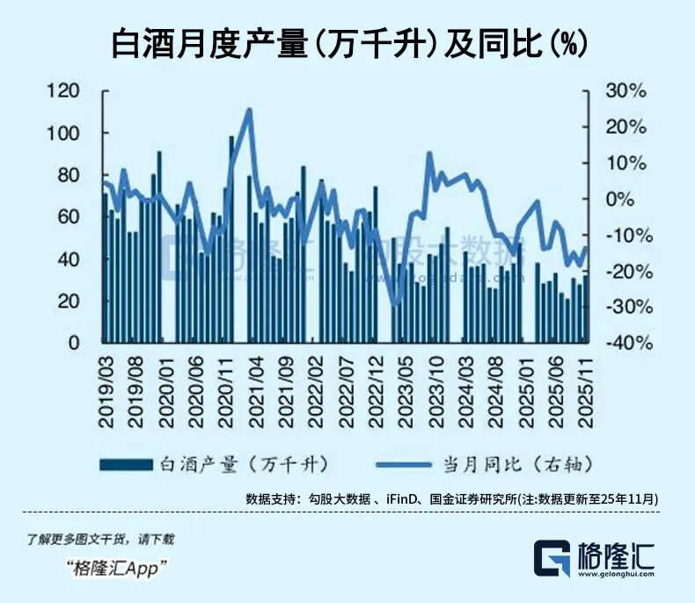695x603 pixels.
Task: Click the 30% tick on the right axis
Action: pyautogui.click(x=625, y=91)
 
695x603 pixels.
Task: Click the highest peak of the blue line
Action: pyautogui.click(x=249, y=110)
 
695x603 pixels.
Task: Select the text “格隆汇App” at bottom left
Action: pyautogui.click(x=118, y=568)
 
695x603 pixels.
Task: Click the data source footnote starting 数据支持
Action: pyautogui.click(x=452, y=498)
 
